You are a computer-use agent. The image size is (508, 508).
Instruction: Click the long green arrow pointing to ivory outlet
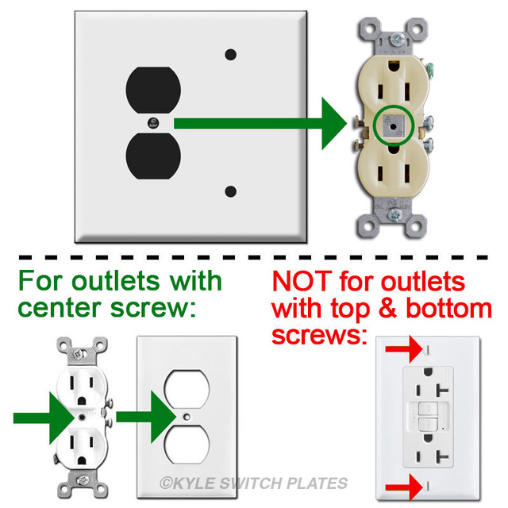tap(262, 123)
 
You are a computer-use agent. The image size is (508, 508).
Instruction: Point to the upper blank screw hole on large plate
tap(231, 55)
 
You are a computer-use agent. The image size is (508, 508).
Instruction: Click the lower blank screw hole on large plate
tap(231, 191)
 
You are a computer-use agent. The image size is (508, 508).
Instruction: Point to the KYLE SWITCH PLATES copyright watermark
tap(253, 483)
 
